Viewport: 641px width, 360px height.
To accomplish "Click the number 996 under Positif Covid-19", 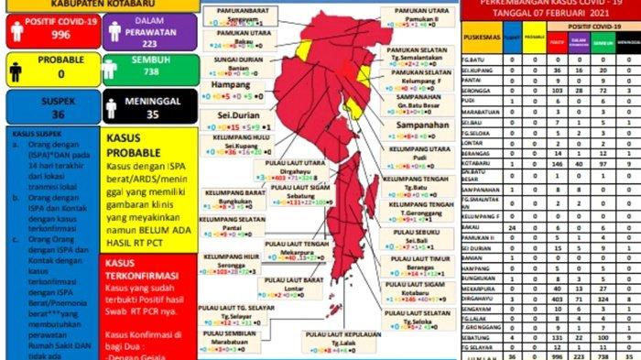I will (x=35, y=35).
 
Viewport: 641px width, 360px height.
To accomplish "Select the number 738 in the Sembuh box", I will (x=136, y=82).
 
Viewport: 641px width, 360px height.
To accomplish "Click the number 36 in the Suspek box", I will (x=33, y=115).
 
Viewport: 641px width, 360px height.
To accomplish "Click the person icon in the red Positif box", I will (x=17, y=30).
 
